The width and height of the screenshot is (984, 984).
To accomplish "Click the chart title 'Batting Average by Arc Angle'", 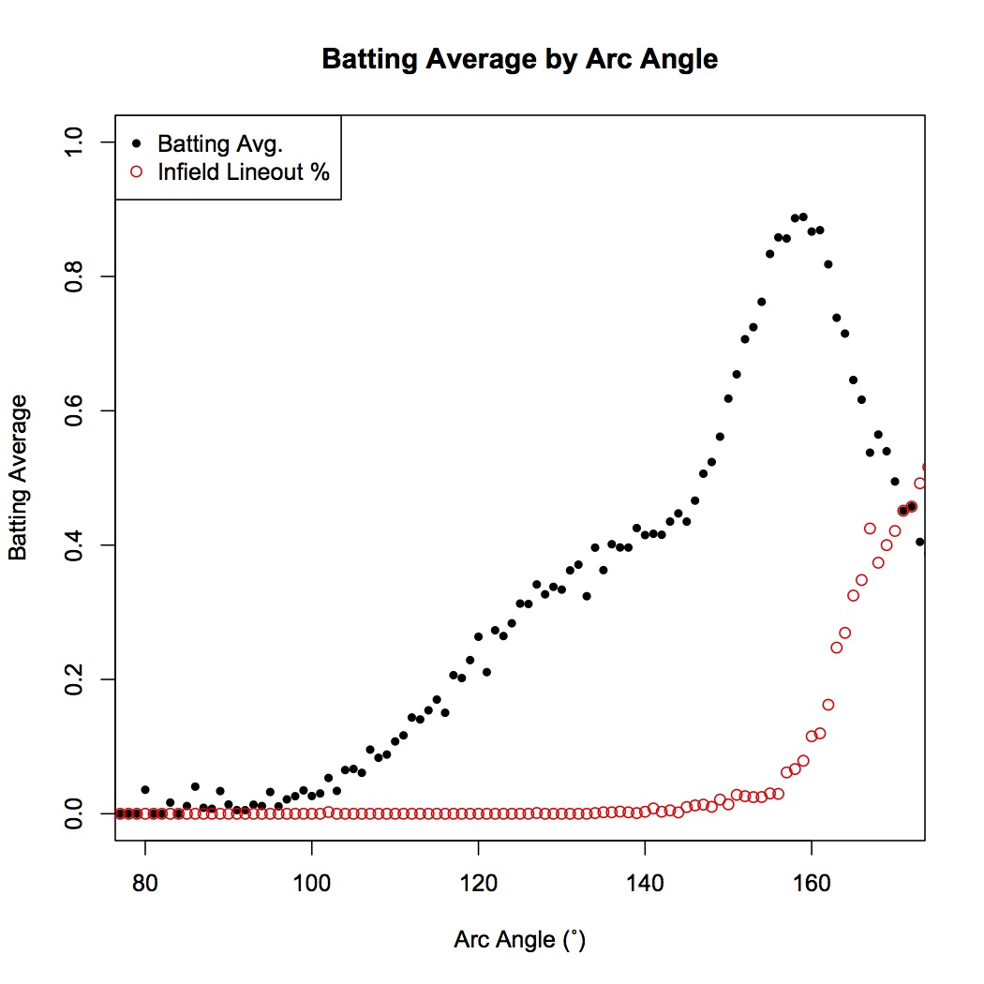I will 519,59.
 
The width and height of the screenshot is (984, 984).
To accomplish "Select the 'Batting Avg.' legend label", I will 220,144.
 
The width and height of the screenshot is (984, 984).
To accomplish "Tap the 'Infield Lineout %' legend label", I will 244,171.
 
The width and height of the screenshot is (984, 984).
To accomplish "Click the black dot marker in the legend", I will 137,144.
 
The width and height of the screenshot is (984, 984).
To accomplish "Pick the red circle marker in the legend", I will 137,171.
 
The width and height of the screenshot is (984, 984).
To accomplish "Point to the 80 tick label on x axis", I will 145,883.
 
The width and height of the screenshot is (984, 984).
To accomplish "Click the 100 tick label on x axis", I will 311,883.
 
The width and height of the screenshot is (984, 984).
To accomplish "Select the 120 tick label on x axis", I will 478,883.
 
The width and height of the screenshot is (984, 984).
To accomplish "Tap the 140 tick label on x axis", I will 645,883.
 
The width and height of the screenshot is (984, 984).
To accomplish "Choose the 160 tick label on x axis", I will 811,883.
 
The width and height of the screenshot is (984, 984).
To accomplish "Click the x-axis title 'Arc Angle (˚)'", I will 519,939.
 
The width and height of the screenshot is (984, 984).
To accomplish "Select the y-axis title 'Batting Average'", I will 19,478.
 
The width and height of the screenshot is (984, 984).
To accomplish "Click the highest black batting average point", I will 802,216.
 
